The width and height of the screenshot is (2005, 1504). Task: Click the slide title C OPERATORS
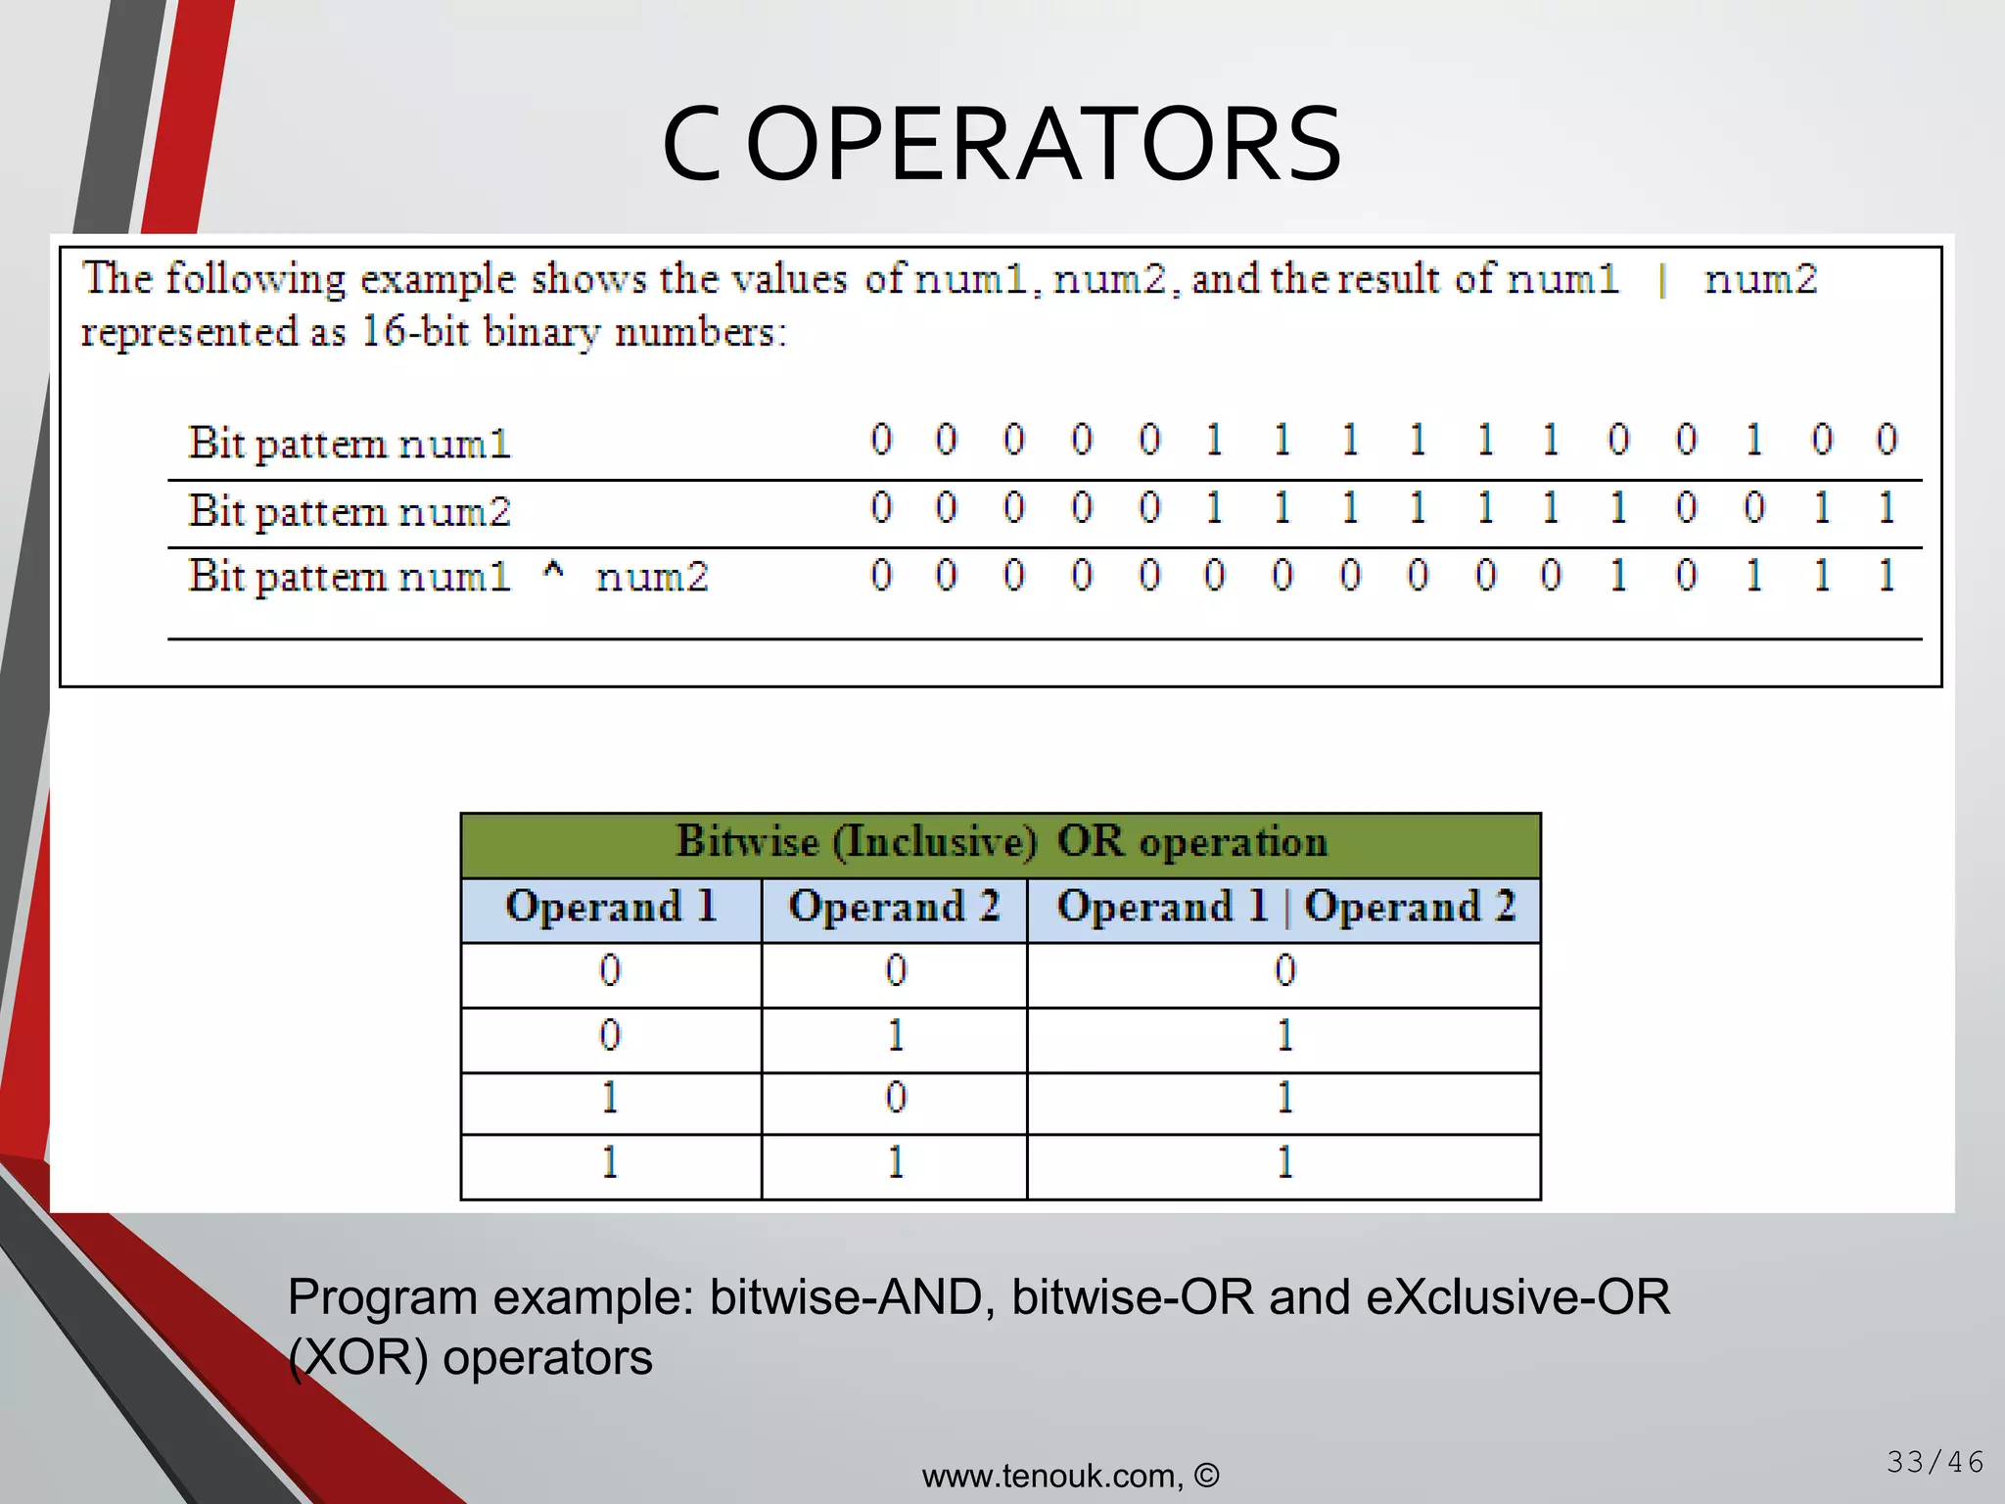pyautogui.click(x=1002, y=145)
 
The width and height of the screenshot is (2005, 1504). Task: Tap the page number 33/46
pyautogui.click(x=1935, y=1462)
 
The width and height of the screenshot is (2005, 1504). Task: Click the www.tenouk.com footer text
pyautogui.click(x=1070, y=1476)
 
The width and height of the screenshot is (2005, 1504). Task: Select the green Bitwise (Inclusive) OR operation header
pyautogui.click(x=1001, y=842)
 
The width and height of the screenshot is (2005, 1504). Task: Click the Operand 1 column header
pyautogui.click(x=611, y=907)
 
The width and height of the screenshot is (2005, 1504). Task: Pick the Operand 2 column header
pyautogui.click(x=894, y=907)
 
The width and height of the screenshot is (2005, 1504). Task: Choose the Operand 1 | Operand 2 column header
pyautogui.click(x=1284, y=907)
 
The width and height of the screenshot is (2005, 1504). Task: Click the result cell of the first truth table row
pyautogui.click(x=1284, y=971)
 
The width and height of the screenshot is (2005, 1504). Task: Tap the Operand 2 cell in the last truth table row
pyautogui.click(x=895, y=1163)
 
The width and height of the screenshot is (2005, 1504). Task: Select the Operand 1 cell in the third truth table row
pyautogui.click(x=610, y=1099)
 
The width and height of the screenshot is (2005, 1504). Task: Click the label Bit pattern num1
pyautogui.click(x=350, y=444)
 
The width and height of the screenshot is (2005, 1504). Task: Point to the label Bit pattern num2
pyautogui.click(x=350, y=511)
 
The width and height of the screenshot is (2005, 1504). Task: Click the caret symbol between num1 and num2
pyautogui.click(x=553, y=573)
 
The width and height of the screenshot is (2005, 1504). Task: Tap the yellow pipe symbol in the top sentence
pyautogui.click(x=1661, y=281)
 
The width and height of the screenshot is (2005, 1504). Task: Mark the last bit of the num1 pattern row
pyautogui.click(x=1887, y=440)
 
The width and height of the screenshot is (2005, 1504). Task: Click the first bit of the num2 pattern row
pyautogui.click(x=881, y=507)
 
